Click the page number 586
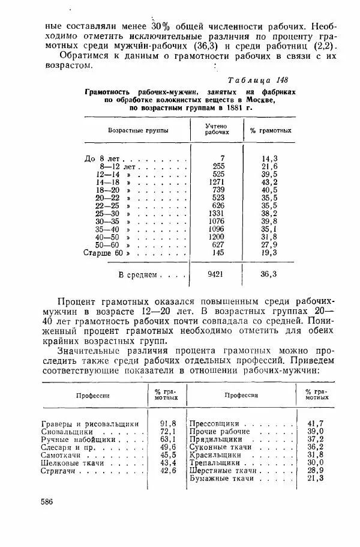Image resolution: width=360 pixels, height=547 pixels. pos(49,501)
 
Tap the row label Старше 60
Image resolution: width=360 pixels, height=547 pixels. pos(103,253)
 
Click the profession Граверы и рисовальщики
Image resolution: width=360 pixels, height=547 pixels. pos(91,423)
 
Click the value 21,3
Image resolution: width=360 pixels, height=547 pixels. pos(315,479)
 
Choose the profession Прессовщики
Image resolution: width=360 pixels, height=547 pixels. pos(214,423)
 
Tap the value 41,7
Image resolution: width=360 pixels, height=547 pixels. pos(315,423)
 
